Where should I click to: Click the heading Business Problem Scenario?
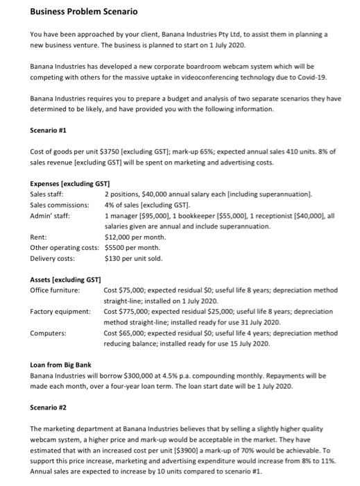[x=66, y=12]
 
